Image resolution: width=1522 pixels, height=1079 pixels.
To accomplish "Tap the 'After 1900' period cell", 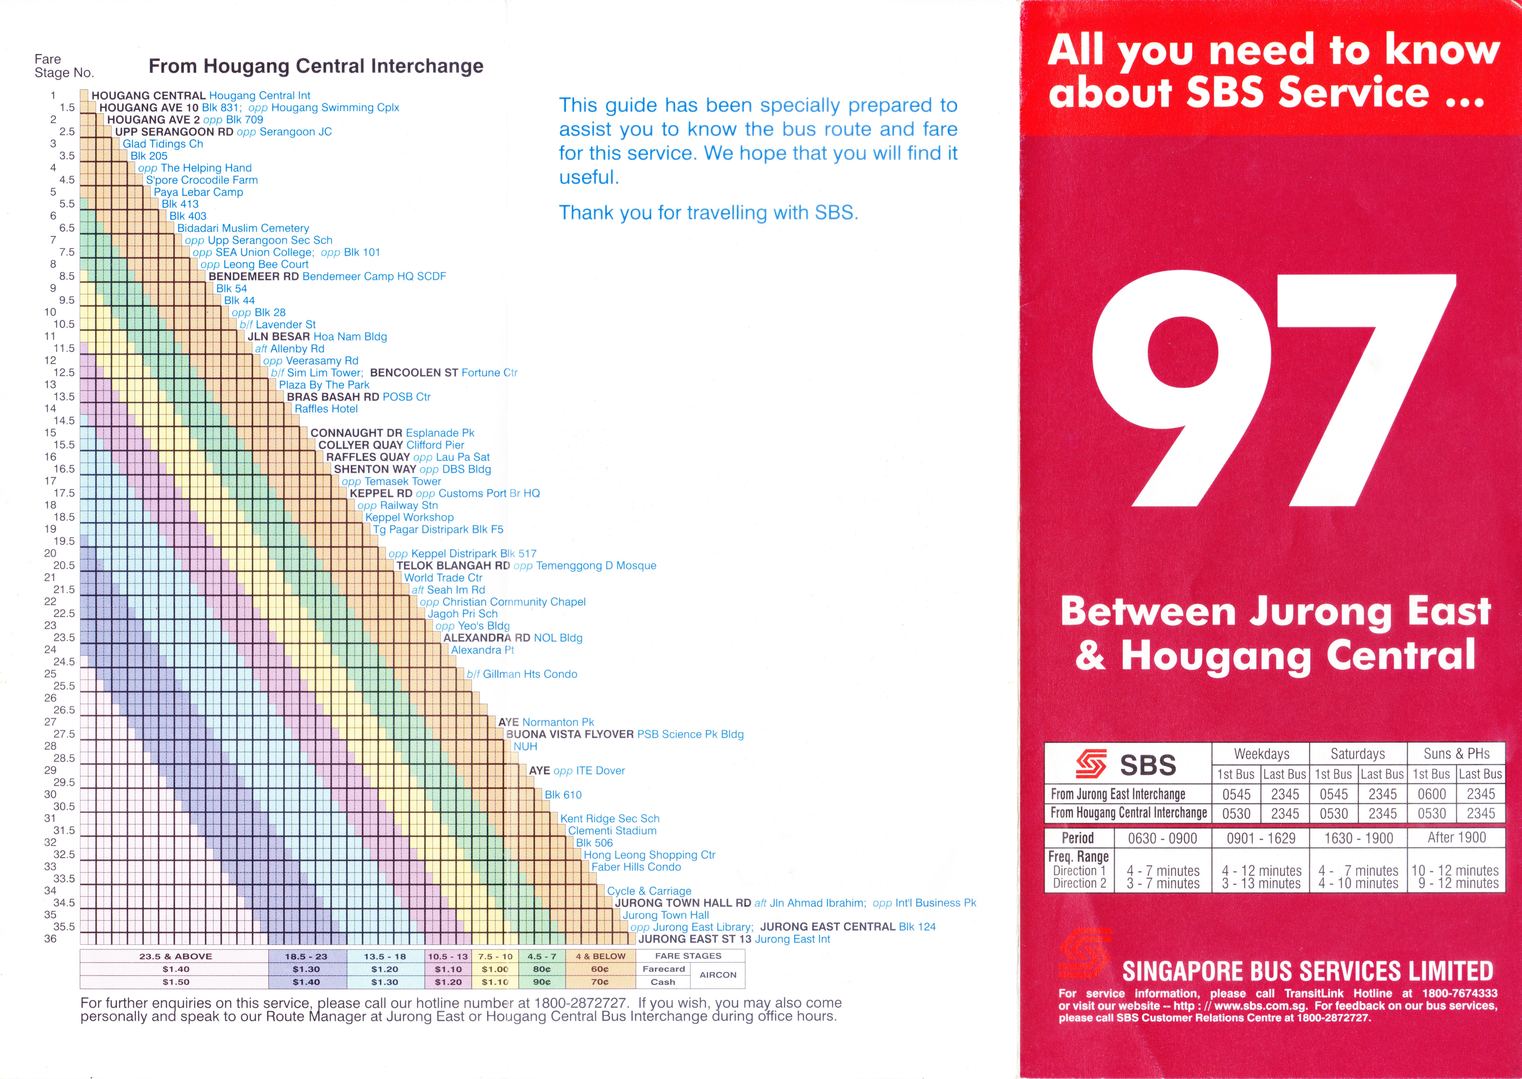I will (1456, 838).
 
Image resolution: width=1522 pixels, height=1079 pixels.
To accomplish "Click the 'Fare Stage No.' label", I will (64, 66).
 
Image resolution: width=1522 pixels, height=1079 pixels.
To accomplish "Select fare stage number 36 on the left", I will (50, 939).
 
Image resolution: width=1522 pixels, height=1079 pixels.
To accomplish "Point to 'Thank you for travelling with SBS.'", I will (708, 213).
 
